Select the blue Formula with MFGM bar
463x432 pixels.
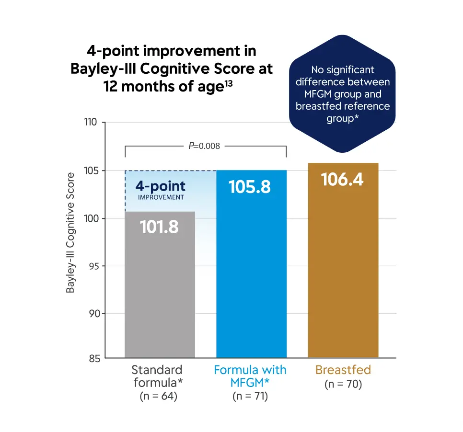(x=251, y=278)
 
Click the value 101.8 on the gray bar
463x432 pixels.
(x=159, y=227)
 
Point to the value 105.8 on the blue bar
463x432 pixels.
(x=250, y=186)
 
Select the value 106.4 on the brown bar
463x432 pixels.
(x=342, y=180)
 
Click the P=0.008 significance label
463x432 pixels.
(x=205, y=146)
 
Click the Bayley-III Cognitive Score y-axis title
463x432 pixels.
(x=70, y=233)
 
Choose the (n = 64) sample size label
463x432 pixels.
(x=158, y=397)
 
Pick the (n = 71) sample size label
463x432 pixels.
(x=250, y=397)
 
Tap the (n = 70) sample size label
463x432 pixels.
(x=343, y=384)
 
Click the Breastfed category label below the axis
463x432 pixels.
(x=343, y=370)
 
